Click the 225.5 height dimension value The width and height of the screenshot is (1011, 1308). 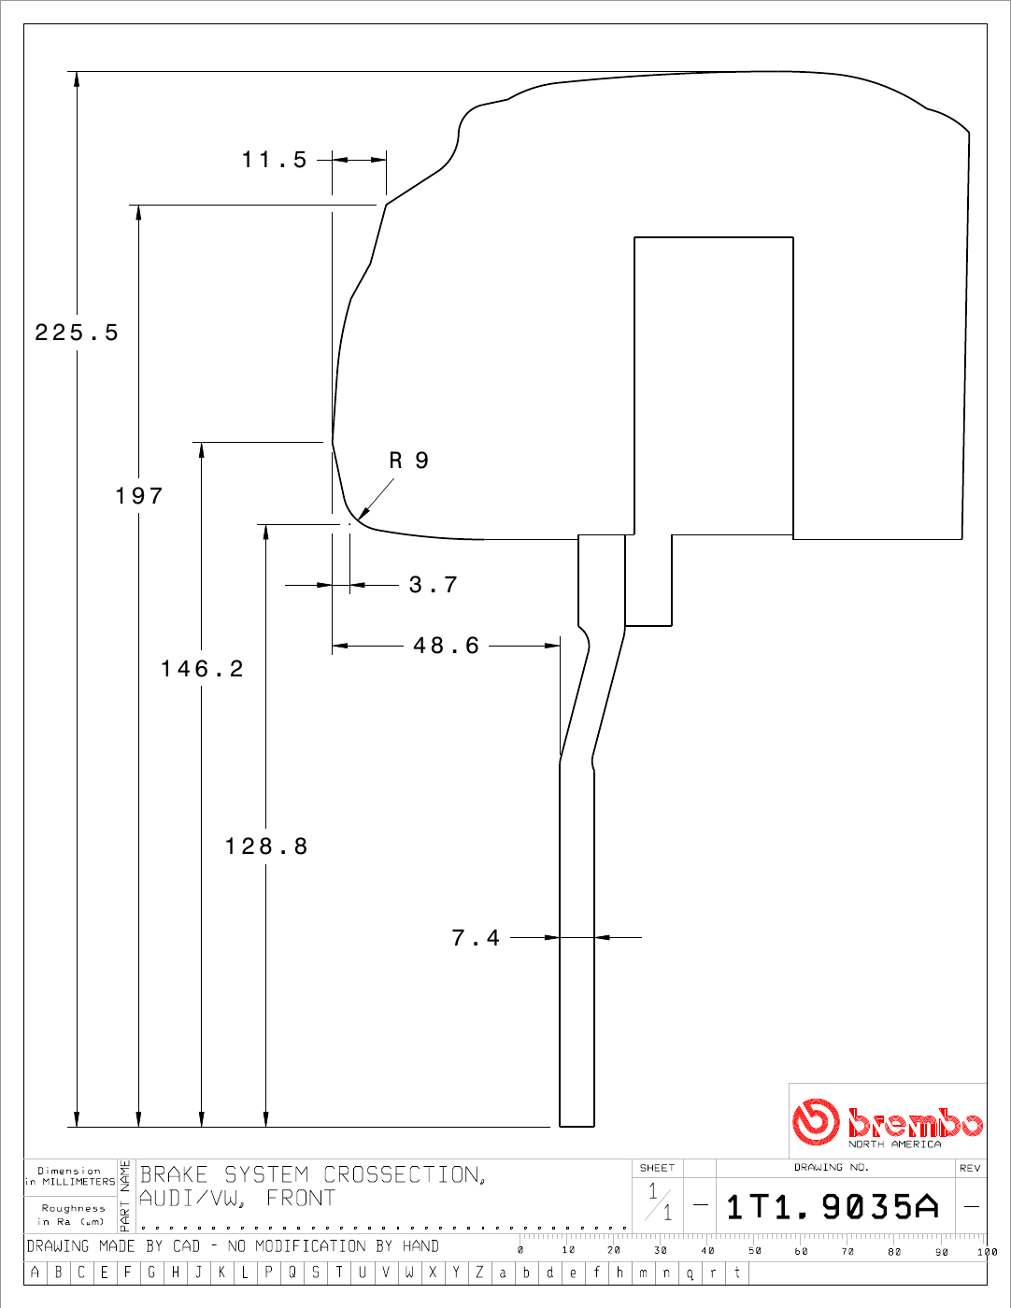[77, 333]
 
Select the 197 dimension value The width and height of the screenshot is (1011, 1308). [139, 496]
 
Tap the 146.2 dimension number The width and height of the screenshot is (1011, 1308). [202, 669]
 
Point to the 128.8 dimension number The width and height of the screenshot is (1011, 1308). [266, 846]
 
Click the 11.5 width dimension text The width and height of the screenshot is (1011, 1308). [275, 160]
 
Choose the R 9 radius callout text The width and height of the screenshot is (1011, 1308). [409, 461]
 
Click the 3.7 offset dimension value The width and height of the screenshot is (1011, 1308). [434, 585]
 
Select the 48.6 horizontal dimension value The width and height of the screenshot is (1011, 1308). [446, 646]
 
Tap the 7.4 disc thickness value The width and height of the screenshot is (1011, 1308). [476, 938]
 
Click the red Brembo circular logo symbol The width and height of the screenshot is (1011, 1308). [816, 1121]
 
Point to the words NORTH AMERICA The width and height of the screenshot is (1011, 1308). [894, 1144]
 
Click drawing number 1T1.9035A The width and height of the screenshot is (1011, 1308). [833, 1207]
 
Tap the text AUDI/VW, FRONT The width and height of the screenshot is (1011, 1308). [237, 1198]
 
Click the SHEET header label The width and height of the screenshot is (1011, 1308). [657, 1168]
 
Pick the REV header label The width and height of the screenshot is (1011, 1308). [970, 1168]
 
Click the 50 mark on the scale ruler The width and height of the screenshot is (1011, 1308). [755, 1251]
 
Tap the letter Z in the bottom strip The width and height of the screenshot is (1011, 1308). [479, 1272]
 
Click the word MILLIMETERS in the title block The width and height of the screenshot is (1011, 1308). [78, 1182]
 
